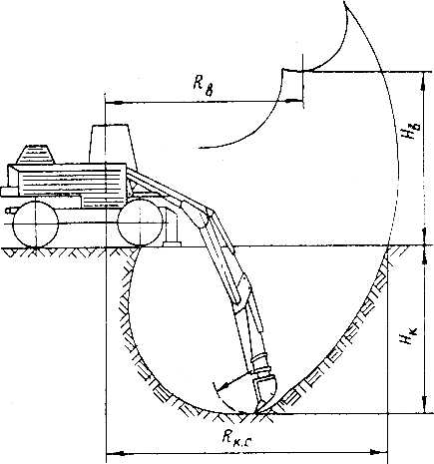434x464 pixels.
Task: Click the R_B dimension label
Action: [x=203, y=86]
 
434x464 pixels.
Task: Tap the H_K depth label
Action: [x=408, y=335]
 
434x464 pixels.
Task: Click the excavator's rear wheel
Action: [x=35, y=224]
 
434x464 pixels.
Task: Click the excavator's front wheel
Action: [x=141, y=223]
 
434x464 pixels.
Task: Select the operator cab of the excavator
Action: [x=113, y=145]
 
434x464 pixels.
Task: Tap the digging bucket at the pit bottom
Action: [x=264, y=394]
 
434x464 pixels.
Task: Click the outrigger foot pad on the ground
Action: [x=172, y=244]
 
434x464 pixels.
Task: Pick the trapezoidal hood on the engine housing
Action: [x=35, y=155]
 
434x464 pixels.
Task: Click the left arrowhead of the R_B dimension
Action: [x=113, y=102]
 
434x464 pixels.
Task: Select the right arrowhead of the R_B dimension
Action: [x=294, y=100]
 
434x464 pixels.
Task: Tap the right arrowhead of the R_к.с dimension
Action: [x=379, y=452]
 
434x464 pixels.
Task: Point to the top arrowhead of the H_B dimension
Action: [x=423, y=80]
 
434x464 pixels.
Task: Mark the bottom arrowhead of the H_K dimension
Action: [x=424, y=405]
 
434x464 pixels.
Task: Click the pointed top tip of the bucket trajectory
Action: [x=344, y=2]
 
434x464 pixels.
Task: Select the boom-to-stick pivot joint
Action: [x=210, y=212]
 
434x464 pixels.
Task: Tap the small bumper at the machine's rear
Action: [x=9, y=192]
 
